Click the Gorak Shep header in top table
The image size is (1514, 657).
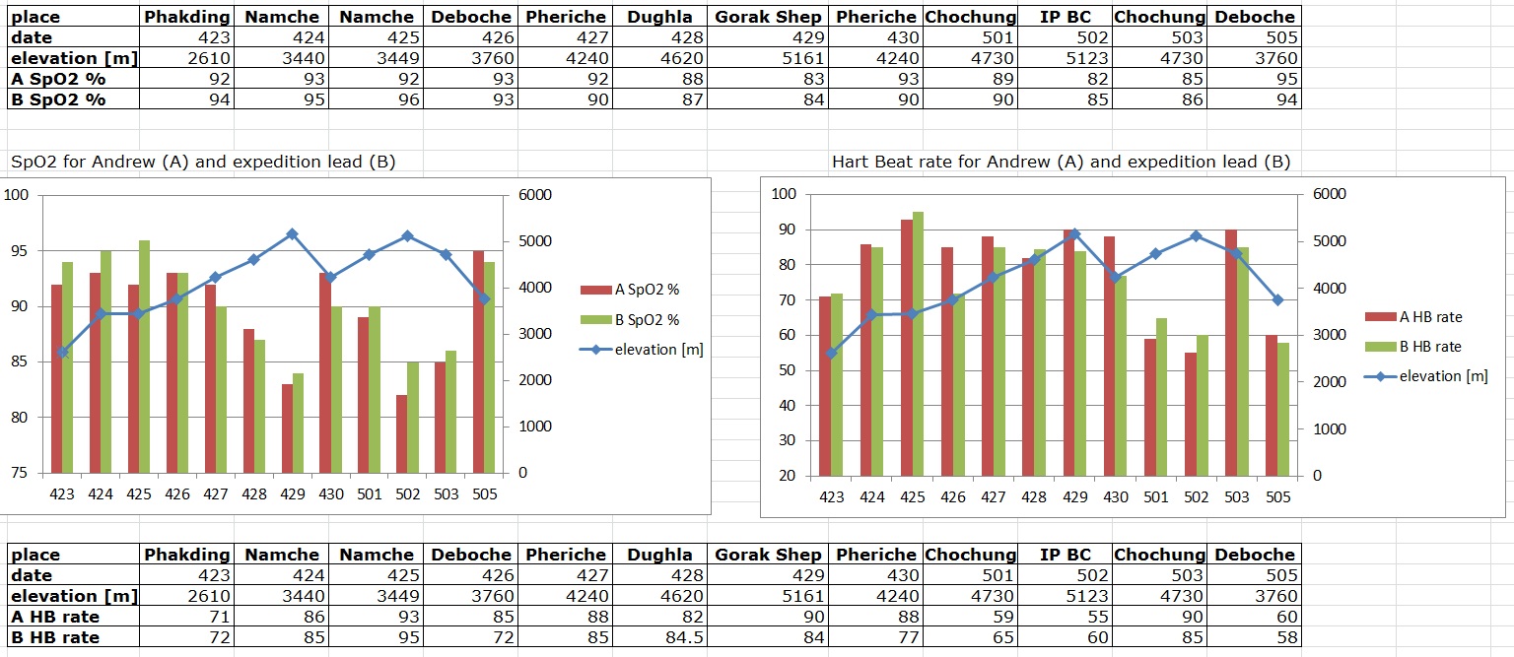tap(768, 17)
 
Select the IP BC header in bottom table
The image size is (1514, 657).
tap(1066, 555)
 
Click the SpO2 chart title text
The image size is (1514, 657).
tap(202, 162)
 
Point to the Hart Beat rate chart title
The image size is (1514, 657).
tap(1061, 162)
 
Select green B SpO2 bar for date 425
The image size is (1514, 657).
tap(144, 355)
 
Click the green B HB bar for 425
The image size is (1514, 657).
tap(918, 345)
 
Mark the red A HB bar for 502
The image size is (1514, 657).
tap(1191, 414)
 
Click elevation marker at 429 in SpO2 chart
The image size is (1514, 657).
tap(292, 233)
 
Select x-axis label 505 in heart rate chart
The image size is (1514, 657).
tap(1276, 497)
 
